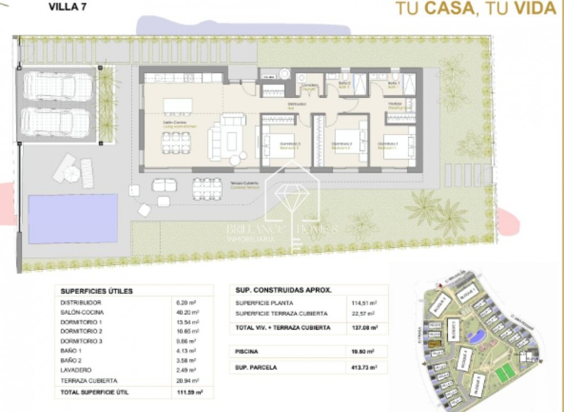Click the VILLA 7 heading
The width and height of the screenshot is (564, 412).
67,7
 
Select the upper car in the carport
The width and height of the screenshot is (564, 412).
57,87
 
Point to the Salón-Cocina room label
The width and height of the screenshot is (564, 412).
175,123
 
